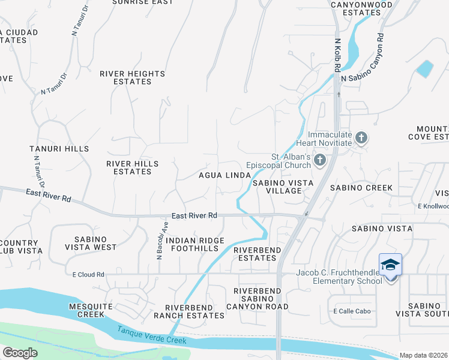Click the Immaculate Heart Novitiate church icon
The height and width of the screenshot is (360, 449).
tap(361, 138)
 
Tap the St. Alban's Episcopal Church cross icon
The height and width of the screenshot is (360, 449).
tap(319, 160)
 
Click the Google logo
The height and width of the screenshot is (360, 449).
tap(20, 353)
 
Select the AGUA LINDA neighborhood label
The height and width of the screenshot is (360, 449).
tap(224, 175)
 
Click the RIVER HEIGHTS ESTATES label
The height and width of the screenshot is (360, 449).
tap(132, 77)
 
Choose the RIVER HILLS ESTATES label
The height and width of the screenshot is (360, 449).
tap(132, 167)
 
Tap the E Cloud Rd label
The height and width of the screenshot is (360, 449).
tap(88, 275)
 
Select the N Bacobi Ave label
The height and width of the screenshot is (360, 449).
tap(161, 239)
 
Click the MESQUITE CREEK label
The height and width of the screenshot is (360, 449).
tap(91, 310)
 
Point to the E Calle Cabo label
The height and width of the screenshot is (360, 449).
tap(352, 311)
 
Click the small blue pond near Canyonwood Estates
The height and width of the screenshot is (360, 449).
tap(424, 68)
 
